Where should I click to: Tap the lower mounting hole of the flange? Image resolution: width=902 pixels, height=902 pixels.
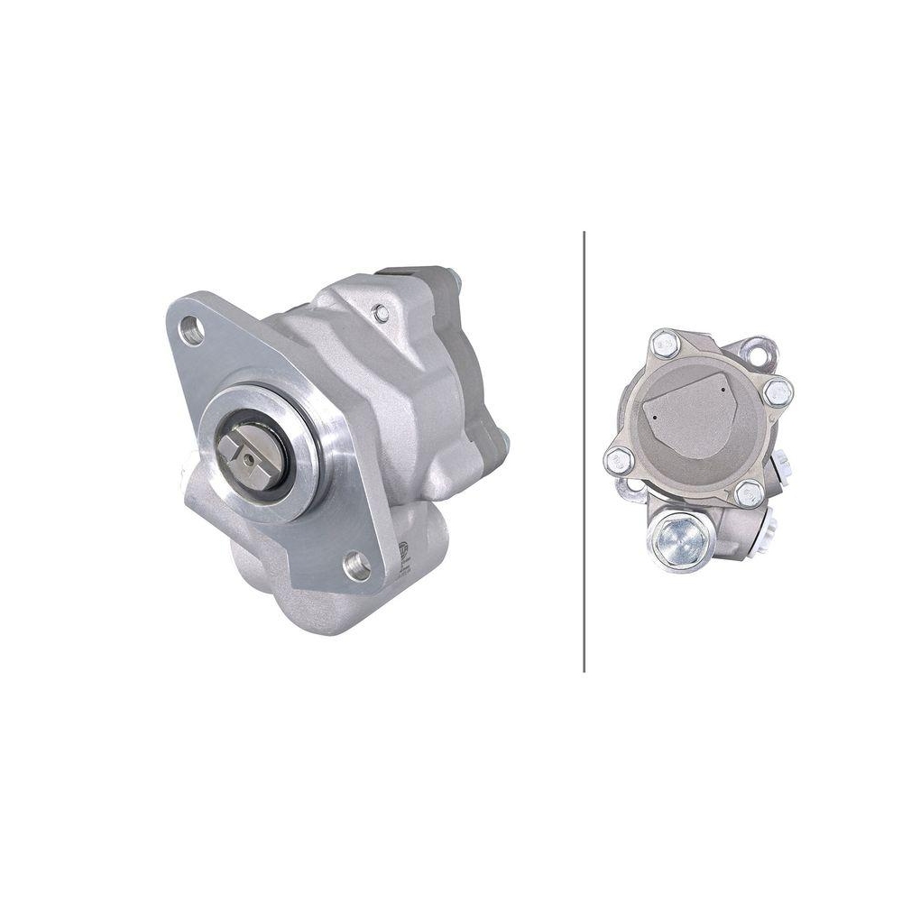pyautogui.click(x=357, y=566)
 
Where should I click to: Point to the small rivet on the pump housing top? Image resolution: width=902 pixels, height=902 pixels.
pyautogui.click(x=382, y=312)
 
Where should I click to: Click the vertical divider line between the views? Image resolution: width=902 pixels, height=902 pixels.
pyautogui.click(x=584, y=451)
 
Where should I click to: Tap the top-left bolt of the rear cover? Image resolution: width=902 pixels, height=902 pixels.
pyautogui.click(x=664, y=344)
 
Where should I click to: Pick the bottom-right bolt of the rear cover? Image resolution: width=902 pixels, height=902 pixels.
pyautogui.click(x=748, y=492)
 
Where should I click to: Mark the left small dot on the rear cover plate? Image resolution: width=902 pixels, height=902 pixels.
pyautogui.click(x=651, y=419)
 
